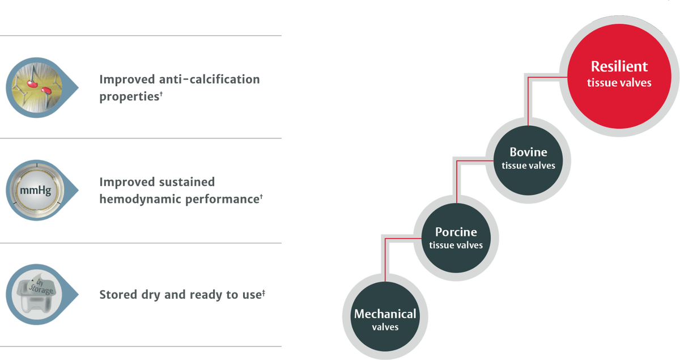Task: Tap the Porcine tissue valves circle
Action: coord(456,238)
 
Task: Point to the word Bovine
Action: coord(528,152)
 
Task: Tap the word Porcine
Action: coord(456,232)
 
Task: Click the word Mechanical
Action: coord(385,314)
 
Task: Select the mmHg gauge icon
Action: coord(36,190)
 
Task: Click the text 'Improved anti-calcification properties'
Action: coord(179,87)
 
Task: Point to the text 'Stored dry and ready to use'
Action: coord(182,295)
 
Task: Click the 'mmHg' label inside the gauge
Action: coord(36,190)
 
